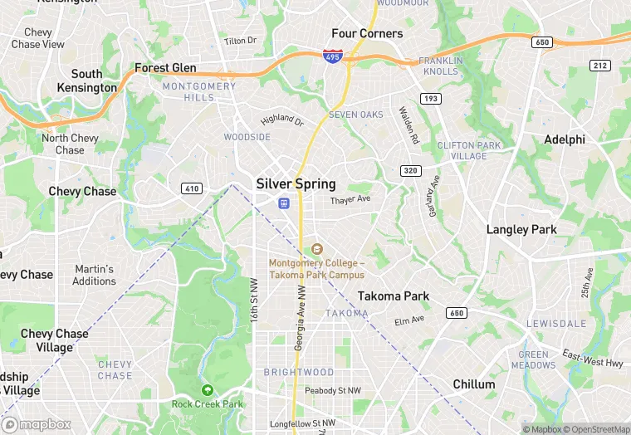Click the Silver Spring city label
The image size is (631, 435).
[296, 184]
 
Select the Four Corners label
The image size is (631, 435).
[367, 34]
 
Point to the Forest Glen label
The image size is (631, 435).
[165, 68]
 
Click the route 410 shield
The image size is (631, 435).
[192, 188]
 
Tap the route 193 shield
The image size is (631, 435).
[430, 99]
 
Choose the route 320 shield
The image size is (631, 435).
[411, 171]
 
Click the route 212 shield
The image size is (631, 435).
[600, 65]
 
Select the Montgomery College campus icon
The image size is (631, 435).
[315, 249]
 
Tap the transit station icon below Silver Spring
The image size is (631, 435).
[283, 203]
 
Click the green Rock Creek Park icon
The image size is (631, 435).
[207, 390]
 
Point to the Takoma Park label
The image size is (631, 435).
[394, 296]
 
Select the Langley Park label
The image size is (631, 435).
[521, 230]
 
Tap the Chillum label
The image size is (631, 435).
[474, 384]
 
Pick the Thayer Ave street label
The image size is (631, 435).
[350, 201]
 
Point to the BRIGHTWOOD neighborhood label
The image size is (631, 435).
[299, 373]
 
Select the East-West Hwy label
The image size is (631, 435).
[592, 358]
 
